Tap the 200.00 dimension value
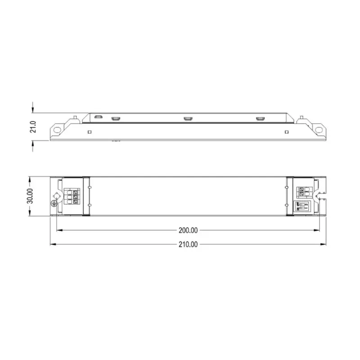point(188,230)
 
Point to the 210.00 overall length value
point(188,244)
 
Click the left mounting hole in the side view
point(57,129)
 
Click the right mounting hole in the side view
point(319,129)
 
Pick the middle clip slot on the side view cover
point(188,118)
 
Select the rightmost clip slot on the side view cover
point(260,118)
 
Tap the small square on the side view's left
point(90,132)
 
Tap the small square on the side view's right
point(287,132)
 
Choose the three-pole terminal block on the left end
point(70,197)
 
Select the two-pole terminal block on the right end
point(304,192)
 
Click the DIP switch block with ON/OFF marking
point(303,207)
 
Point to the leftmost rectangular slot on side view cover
point(99,117)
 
